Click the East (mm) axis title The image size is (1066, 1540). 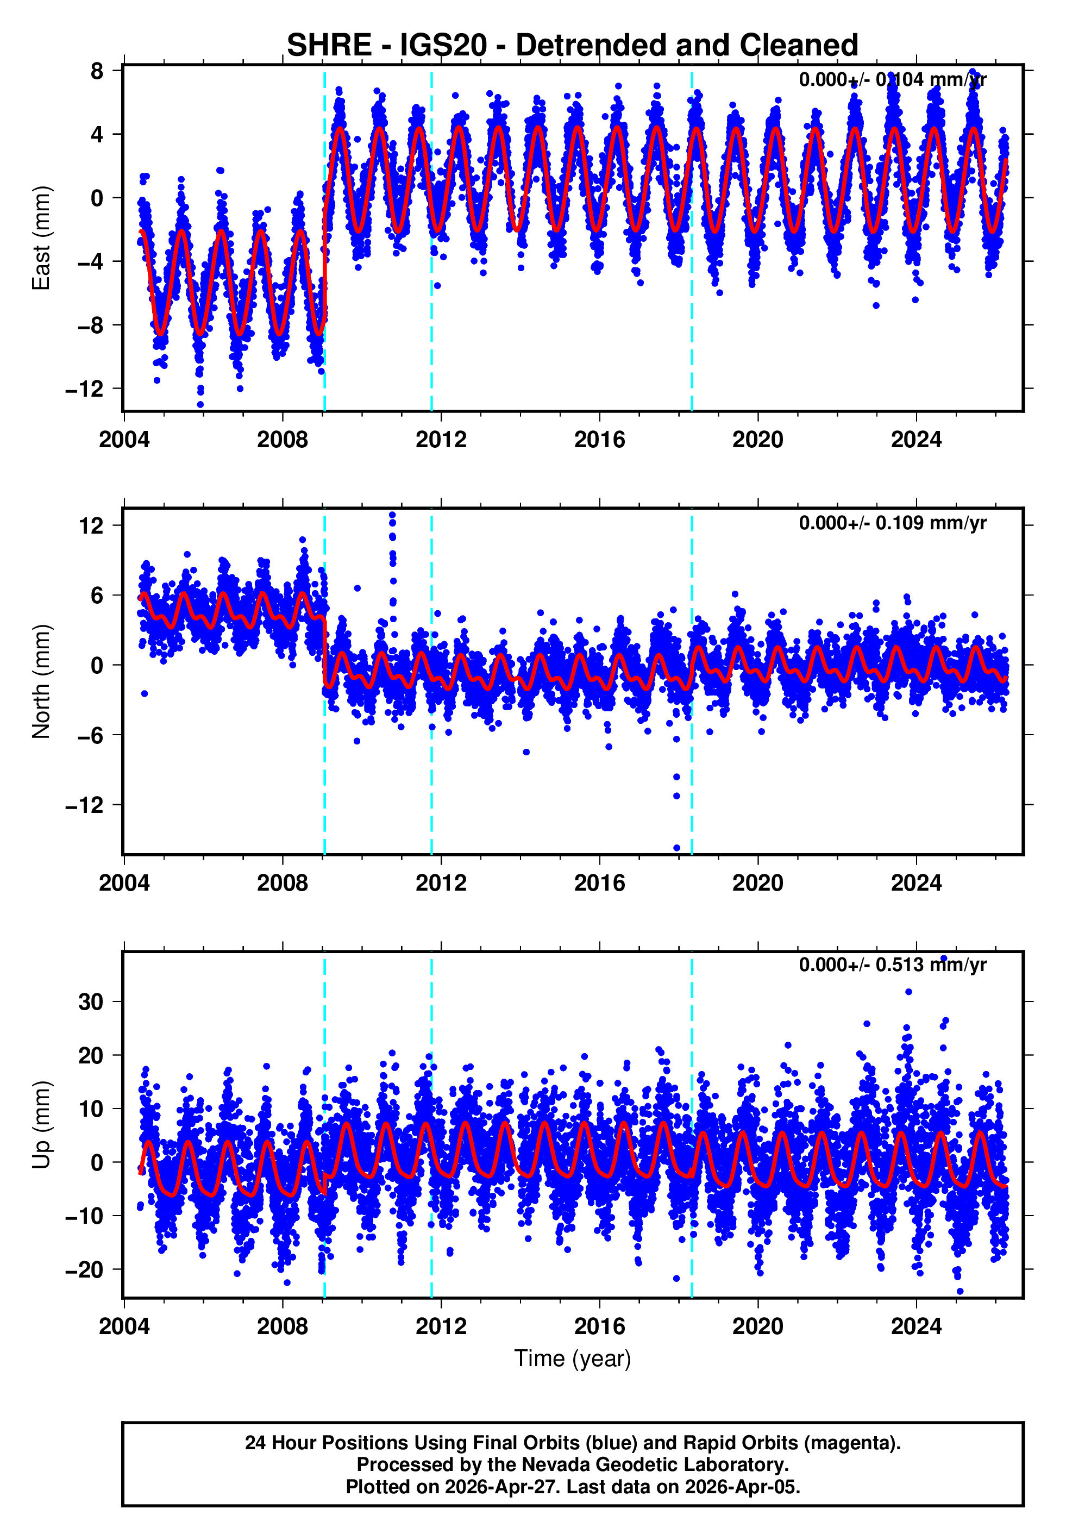point(41,238)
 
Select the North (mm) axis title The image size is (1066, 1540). point(41,681)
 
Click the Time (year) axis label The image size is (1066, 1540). point(573,1359)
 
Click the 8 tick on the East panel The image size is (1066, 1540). point(97,71)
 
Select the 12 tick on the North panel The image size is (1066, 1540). point(91,525)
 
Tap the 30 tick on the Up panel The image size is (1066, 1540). point(91,1001)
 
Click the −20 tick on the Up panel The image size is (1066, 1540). point(85,1269)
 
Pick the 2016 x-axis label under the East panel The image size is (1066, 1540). point(599,440)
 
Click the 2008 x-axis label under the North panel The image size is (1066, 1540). point(282,883)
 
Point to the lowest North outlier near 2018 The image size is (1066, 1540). point(676,848)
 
